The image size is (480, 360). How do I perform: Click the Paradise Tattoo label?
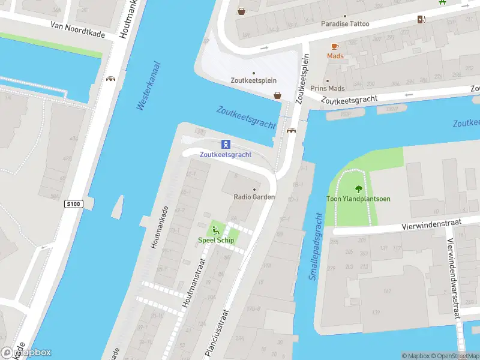click(x=345, y=24)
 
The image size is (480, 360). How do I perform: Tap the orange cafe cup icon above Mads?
click(x=335, y=46)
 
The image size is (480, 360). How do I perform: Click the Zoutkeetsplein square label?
click(x=253, y=80)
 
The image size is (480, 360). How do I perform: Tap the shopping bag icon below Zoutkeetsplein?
click(x=278, y=95)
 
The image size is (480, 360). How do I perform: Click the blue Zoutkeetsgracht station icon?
click(x=226, y=144)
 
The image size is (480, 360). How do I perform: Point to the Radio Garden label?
click(x=254, y=197)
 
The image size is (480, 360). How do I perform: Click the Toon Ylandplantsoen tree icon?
click(x=359, y=188)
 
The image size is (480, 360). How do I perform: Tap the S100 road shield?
click(x=73, y=205)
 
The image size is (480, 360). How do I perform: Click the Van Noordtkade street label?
click(x=77, y=30)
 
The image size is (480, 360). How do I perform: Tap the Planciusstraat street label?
click(x=217, y=333)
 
